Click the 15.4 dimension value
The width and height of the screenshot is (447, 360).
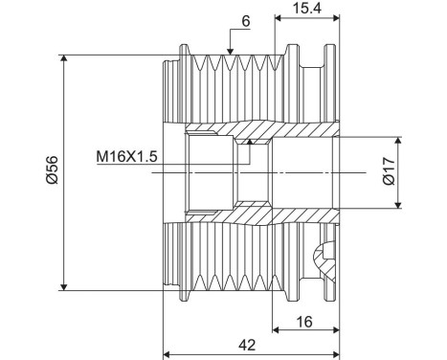(307, 8)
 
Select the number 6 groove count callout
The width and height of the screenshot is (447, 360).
(246, 21)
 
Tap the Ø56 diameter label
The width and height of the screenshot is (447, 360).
(52, 169)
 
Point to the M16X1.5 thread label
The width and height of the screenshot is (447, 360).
(126, 157)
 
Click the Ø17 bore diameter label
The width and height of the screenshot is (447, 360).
(389, 170)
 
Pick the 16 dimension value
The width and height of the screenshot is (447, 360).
(304, 322)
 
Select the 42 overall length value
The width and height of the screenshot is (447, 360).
(247, 345)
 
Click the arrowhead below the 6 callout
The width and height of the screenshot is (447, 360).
(230, 51)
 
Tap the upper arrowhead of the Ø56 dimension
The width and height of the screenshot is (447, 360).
(64, 59)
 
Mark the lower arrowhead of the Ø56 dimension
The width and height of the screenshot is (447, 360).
(64, 286)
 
